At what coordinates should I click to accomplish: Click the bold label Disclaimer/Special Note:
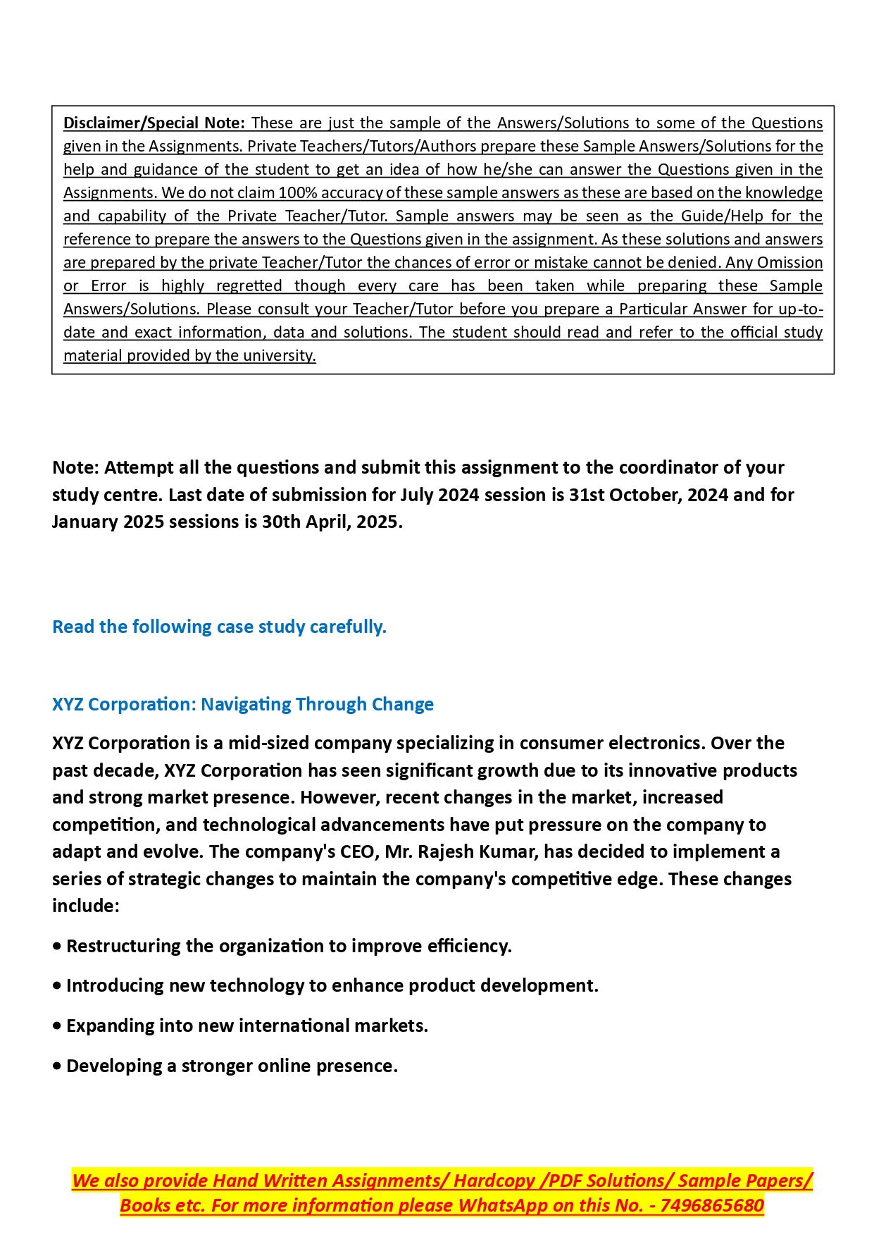[x=154, y=123]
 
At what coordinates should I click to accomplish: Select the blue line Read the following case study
[x=219, y=627]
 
